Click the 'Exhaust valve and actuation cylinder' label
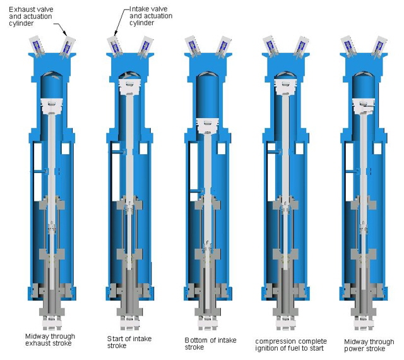31,16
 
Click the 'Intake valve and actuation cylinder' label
151,16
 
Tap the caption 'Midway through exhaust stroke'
50,340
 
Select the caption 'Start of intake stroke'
129,342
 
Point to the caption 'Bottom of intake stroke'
210,344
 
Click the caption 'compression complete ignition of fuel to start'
291,345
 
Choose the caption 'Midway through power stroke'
369,345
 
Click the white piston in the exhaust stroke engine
52,105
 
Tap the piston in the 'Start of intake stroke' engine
130,87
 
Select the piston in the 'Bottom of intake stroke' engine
208,126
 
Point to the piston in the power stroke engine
364,105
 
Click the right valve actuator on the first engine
68,46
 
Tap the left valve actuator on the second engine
114,47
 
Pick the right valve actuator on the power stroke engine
379,46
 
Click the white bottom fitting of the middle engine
208,323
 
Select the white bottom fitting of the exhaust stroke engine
52,323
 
